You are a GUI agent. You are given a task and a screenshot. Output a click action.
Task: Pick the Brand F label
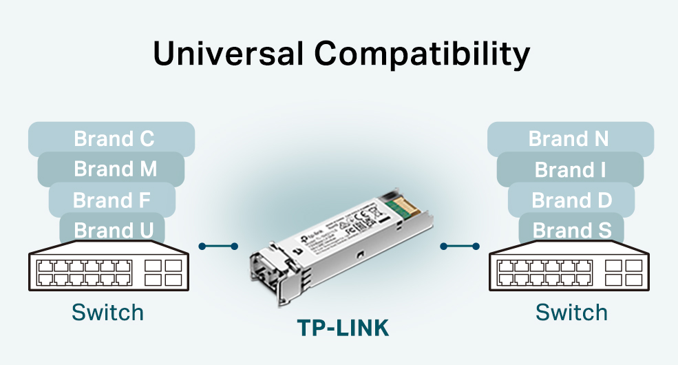click(x=112, y=200)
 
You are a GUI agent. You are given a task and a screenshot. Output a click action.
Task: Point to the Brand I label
click(x=570, y=169)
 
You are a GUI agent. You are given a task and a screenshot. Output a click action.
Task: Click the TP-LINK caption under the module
click(x=343, y=328)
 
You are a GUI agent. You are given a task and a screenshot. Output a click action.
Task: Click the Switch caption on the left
click(x=108, y=313)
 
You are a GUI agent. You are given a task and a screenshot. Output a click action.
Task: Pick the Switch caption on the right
click(x=571, y=313)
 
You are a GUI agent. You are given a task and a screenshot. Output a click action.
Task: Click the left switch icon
click(x=108, y=270)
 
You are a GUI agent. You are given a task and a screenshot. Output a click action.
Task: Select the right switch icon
click(x=569, y=270)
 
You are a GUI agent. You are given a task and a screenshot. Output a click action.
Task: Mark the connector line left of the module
click(x=218, y=246)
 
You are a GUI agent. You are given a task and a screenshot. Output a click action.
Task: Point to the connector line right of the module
click(x=460, y=246)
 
